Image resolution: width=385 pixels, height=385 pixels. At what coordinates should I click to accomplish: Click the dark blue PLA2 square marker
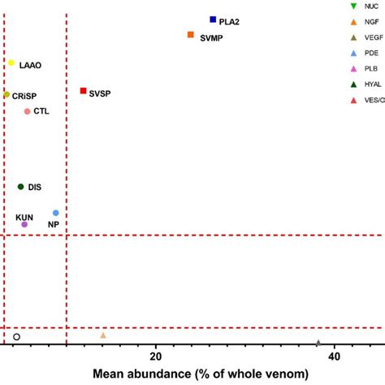pos(213,19)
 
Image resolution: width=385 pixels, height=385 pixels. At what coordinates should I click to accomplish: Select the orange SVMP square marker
pos(190,35)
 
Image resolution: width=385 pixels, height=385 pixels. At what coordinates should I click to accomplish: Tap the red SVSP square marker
pos(83,91)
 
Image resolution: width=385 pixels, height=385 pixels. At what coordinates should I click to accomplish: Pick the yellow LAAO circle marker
pos(11,63)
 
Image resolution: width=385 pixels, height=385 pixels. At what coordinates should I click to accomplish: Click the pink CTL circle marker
pos(27,111)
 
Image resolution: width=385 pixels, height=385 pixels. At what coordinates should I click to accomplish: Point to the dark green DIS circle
pos(21,187)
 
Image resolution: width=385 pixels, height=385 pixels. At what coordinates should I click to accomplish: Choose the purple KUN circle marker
pos(24,224)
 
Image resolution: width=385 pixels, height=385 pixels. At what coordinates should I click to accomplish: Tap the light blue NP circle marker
pos(56,213)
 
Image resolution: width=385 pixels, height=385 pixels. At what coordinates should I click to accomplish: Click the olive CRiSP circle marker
pos(6,95)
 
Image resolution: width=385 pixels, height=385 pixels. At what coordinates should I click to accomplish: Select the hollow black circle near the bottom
pos(16,336)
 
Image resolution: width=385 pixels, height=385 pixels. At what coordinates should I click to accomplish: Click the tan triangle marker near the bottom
pos(103,335)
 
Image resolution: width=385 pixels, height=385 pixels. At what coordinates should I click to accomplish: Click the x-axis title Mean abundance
pos(200,374)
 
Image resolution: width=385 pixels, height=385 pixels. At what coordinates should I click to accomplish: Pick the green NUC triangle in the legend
pos(351,6)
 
